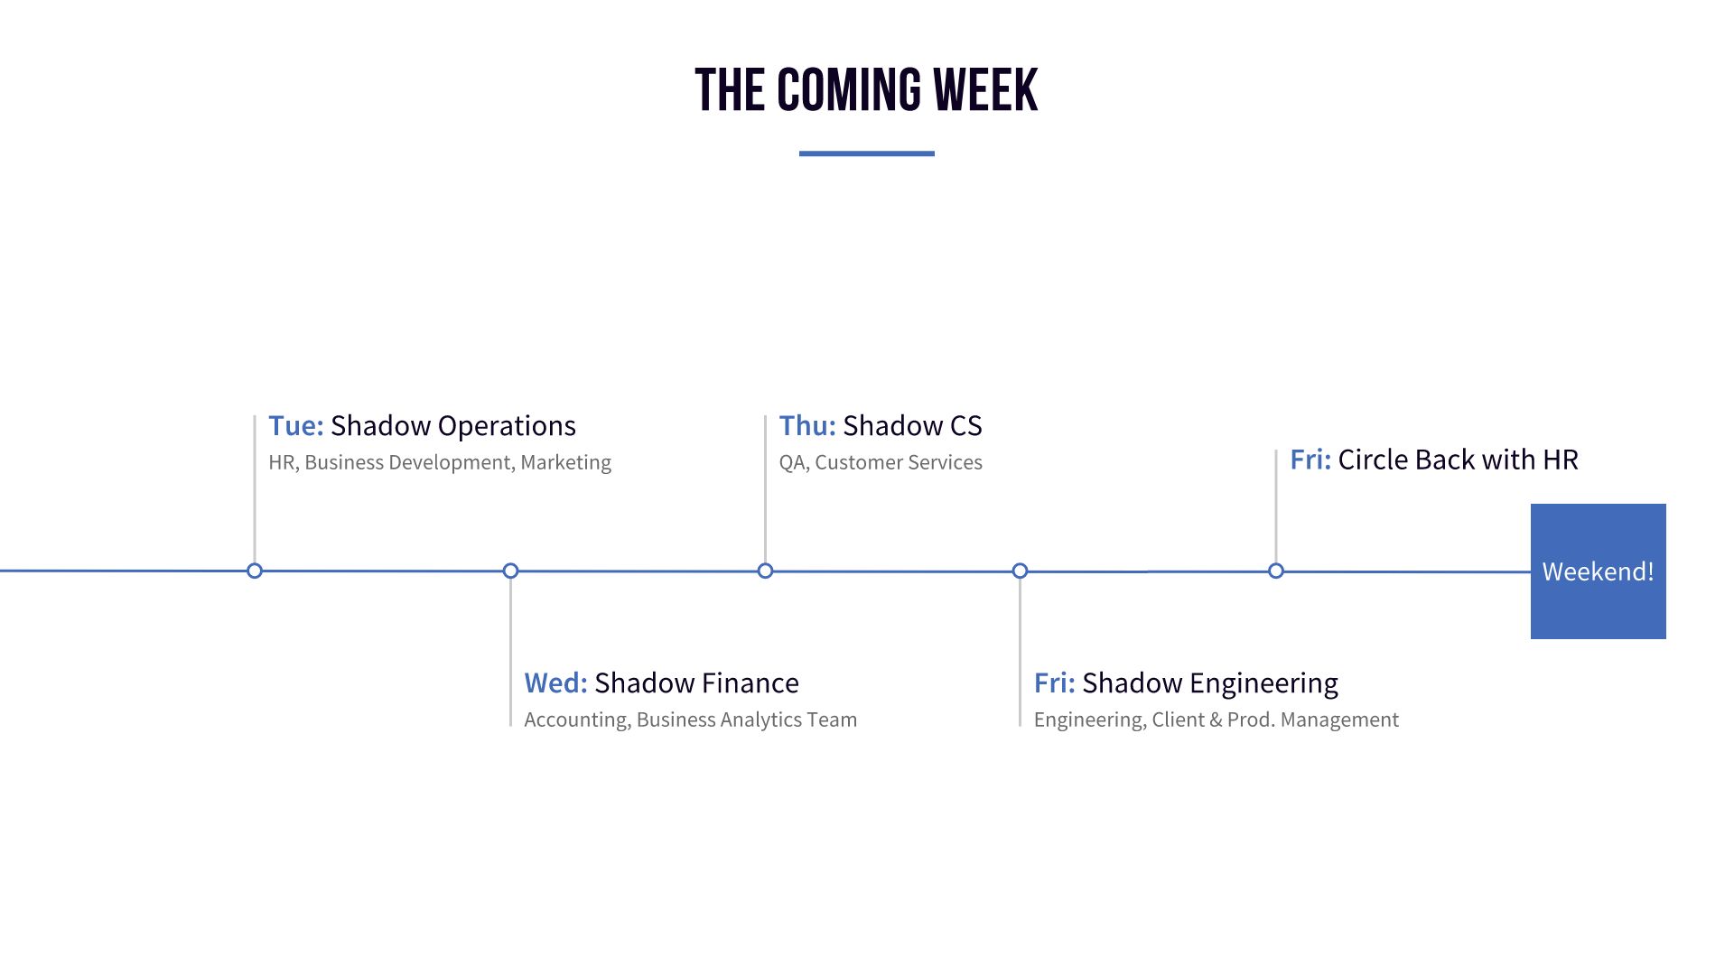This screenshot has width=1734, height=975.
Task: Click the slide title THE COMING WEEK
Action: click(x=866, y=90)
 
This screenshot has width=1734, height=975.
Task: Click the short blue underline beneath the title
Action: click(x=866, y=153)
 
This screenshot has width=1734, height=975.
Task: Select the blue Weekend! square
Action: click(x=1598, y=571)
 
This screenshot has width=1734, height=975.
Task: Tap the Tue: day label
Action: click(x=295, y=426)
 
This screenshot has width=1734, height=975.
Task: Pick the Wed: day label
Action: click(x=555, y=683)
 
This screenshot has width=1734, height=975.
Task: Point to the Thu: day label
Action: click(x=807, y=426)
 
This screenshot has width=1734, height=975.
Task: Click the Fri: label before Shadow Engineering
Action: click(x=1054, y=683)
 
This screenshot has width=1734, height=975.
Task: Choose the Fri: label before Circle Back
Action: click(x=1310, y=460)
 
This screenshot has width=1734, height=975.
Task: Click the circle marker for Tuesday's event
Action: click(x=255, y=571)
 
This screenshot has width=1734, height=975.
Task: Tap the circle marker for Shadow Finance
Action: click(x=510, y=571)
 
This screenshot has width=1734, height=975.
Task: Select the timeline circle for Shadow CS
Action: click(x=765, y=571)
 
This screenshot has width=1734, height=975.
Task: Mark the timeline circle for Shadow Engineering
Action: click(x=1020, y=571)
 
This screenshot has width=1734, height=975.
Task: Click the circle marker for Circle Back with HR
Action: click(x=1275, y=571)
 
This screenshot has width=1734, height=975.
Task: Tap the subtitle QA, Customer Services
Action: click(x=881, y=462)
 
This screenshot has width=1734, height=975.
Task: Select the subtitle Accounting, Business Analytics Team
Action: click(x=690, y=720)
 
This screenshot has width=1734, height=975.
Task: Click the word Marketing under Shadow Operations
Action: click(x=565, y=462)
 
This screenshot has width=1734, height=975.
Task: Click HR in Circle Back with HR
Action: click(x=1560, y=460)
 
